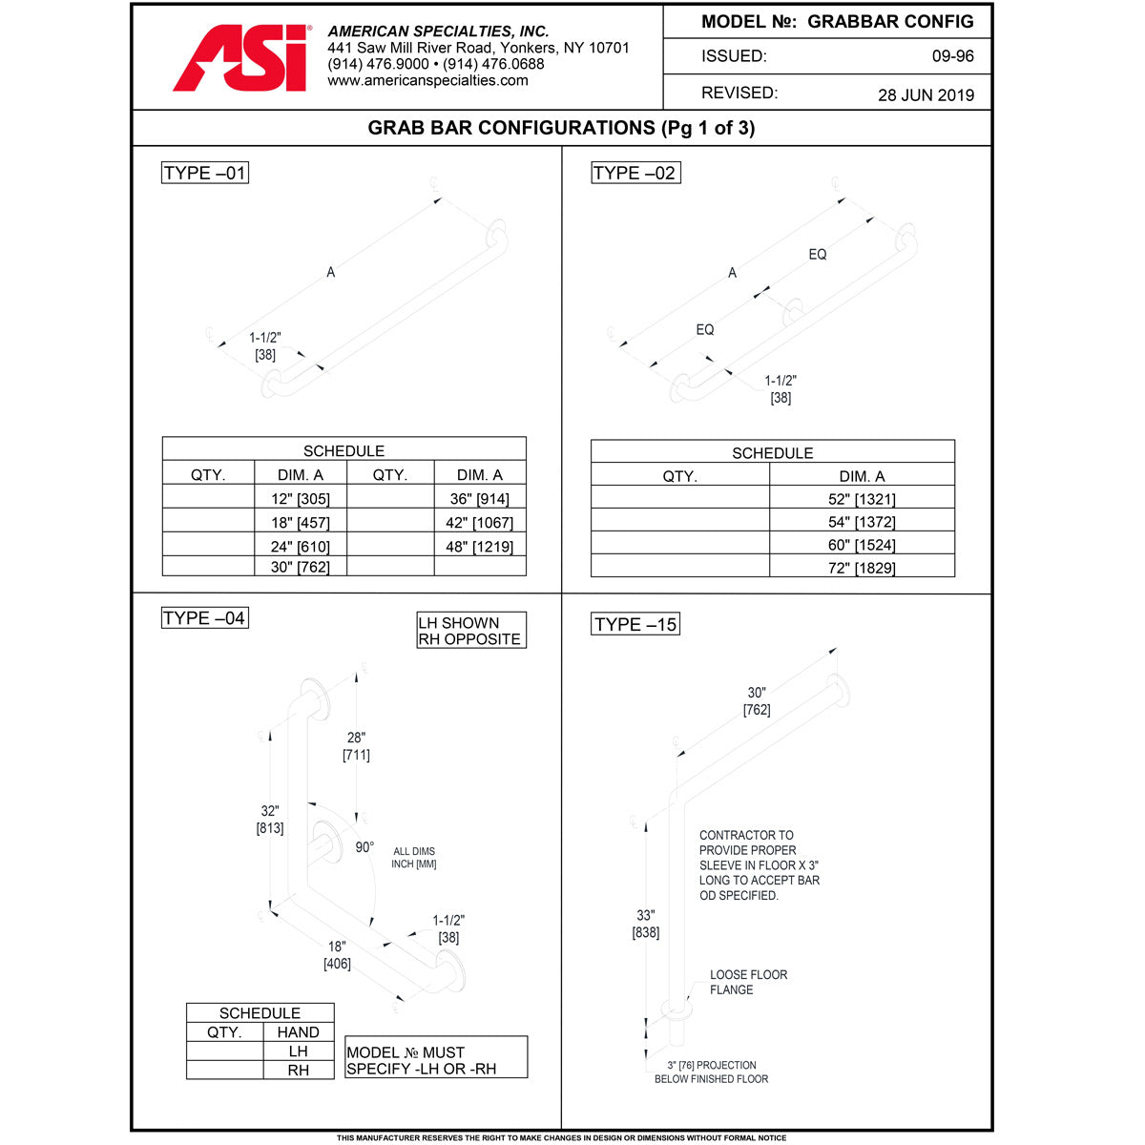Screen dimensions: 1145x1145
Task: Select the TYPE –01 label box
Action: pos(205,173)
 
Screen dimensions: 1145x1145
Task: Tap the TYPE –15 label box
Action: pos(635,624)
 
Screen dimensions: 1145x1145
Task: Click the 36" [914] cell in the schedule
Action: pos(479,498)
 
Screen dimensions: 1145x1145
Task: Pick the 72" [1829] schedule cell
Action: pos(862,568)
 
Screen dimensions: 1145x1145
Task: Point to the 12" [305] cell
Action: pos(300,498)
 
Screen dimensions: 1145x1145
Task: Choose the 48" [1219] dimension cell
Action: pos(479,547)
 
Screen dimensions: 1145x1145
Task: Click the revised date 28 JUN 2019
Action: pos(926,94)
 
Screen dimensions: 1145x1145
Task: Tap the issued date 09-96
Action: pos(952,56)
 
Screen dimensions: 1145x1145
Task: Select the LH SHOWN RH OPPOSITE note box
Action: pos(471,631)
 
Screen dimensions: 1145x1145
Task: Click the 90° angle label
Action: pos(364,847)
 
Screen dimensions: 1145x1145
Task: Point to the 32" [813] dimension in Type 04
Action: pos(270,820)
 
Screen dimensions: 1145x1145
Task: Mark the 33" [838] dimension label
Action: pos(646,924)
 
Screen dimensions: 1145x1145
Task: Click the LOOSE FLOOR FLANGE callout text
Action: pos(748,982)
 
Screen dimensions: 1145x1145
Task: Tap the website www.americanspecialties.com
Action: pos(427,81)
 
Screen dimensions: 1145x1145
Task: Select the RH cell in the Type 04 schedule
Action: pos(299,1071)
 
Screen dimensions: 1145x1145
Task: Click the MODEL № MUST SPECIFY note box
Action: pos(436,1060)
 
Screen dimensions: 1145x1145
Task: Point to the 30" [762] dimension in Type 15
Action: pos(757,701)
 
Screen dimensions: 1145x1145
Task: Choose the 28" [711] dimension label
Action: pos(356,746)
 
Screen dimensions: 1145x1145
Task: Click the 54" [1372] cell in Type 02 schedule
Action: pos(862,522)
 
